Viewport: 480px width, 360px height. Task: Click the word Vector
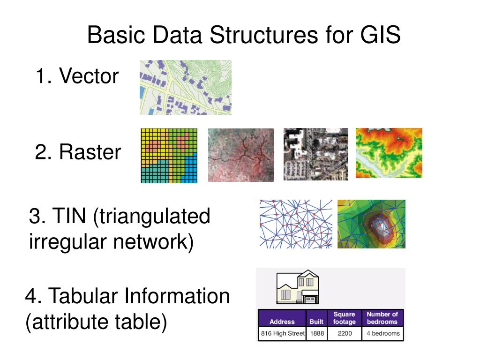pyautogui.click(x=89, y=76)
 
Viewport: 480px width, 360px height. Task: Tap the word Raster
pyautogui.click(x=90, y=152)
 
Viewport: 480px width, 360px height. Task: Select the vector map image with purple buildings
pyautogui.click(x=186, y=87)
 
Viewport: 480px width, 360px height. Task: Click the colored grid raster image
pyautogui.click(x=169, y=156)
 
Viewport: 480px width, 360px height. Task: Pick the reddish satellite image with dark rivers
pyautogui.click(x=241, y=155)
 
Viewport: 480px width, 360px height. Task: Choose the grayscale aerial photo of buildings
pyautogui.click(x=316, y=154)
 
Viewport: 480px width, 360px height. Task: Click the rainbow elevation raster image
pyautogui.click(x=389, y=153)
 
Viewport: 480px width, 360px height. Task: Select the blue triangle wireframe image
pyautogui.click(x=296, y=224)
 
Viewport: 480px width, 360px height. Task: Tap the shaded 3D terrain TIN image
pyautogui.click(x=371, y=224)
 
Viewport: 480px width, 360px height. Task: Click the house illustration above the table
pyautogui.click(x=298, y=287)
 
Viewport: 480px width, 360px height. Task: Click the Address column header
pyautogui.click(x=282, y=322)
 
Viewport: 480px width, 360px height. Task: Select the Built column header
pyautogui.click(x=316, y=322)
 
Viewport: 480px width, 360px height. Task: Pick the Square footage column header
pyautogui.click(x=344, y=318)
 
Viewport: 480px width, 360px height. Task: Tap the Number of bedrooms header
pyautogui.click(x=382, y=318)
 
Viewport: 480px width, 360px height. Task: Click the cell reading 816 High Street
pyautogui.click(x=282, y=334)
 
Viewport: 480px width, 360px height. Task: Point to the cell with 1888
pyautogui.click(x=317, y=334)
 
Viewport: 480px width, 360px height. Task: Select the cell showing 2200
pyautogui.click(x=344, y=334)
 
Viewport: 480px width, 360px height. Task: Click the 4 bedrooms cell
pyautogui.click(x=382, y=334)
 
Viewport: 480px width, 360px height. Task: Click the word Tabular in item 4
pyautogui.click(x=84, y=296)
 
